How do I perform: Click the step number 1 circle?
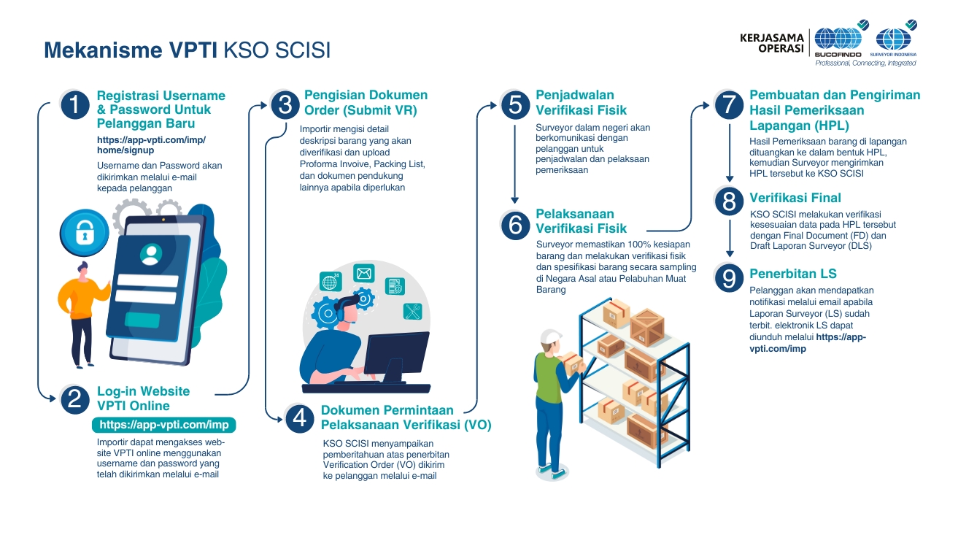pos(75,105)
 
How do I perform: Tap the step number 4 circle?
pos(299,417)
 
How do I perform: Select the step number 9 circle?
pos(729,278)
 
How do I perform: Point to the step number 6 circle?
pos(515,225)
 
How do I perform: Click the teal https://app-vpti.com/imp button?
pos(163,425)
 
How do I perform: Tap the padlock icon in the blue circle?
pos(84,233)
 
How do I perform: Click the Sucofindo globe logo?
pos(839,39)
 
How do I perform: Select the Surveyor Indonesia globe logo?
pos(893,39)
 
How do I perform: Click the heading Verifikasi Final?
pos(795,198)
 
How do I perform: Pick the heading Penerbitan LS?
pos(793,274)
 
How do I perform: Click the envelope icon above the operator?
pos(364,273)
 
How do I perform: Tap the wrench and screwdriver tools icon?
pos(412,312)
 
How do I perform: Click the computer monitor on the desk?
pos(396,357)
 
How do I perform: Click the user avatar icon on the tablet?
pos(151,255)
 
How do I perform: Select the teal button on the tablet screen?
pos(142,320)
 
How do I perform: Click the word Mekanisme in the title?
pos(103,50)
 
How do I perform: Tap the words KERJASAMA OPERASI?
pos(771,43)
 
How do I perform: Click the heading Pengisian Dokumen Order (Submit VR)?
pos(366,103)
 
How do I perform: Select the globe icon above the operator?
pos(331,282)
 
